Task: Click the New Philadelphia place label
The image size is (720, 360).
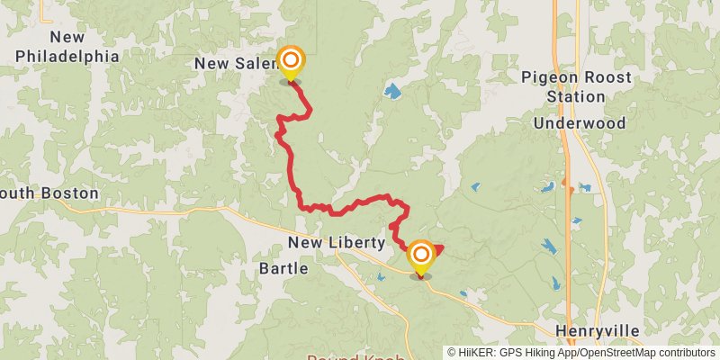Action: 67,47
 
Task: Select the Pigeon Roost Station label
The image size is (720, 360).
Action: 576,87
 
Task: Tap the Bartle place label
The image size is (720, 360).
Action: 283,268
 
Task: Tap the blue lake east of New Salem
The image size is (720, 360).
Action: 392,90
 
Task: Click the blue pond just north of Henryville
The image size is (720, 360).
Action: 553,283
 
